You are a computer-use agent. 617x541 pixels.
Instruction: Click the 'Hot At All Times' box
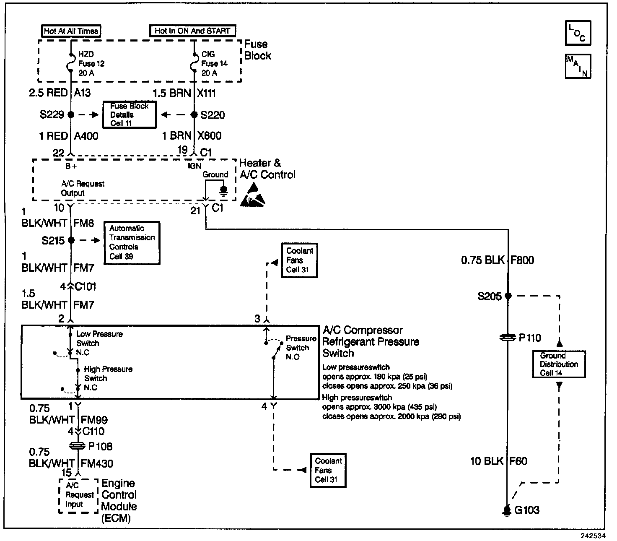tap(71, 31)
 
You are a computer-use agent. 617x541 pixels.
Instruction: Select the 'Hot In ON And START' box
tap(192, 31)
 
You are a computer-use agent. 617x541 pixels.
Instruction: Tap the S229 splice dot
tap(70, 114)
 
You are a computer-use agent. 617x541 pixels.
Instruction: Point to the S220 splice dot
tap(194, 114)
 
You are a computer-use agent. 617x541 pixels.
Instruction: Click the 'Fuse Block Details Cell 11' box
tap(130, 114)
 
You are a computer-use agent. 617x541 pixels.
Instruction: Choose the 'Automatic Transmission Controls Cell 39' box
tap(132, 243)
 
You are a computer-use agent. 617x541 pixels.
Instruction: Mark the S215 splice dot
tap(71, 240)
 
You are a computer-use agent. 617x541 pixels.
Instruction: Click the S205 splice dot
tap(508, 296)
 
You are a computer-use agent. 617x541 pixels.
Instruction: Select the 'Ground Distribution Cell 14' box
tap(558, 364)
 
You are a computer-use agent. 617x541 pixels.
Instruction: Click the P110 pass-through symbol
tap(508, 338)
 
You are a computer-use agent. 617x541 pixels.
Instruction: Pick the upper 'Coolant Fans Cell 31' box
tap(299, 260)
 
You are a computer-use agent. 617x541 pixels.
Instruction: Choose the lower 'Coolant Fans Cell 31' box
tap(328, 470)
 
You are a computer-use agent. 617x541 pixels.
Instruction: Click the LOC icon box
tap(578, 33)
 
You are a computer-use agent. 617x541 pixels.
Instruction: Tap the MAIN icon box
tap(578, 67)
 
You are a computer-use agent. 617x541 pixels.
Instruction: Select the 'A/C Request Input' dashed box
tap(78, 496)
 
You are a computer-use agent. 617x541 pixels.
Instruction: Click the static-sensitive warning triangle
tap(252, 195)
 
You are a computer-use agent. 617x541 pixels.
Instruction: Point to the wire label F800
tap(522, 260)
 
